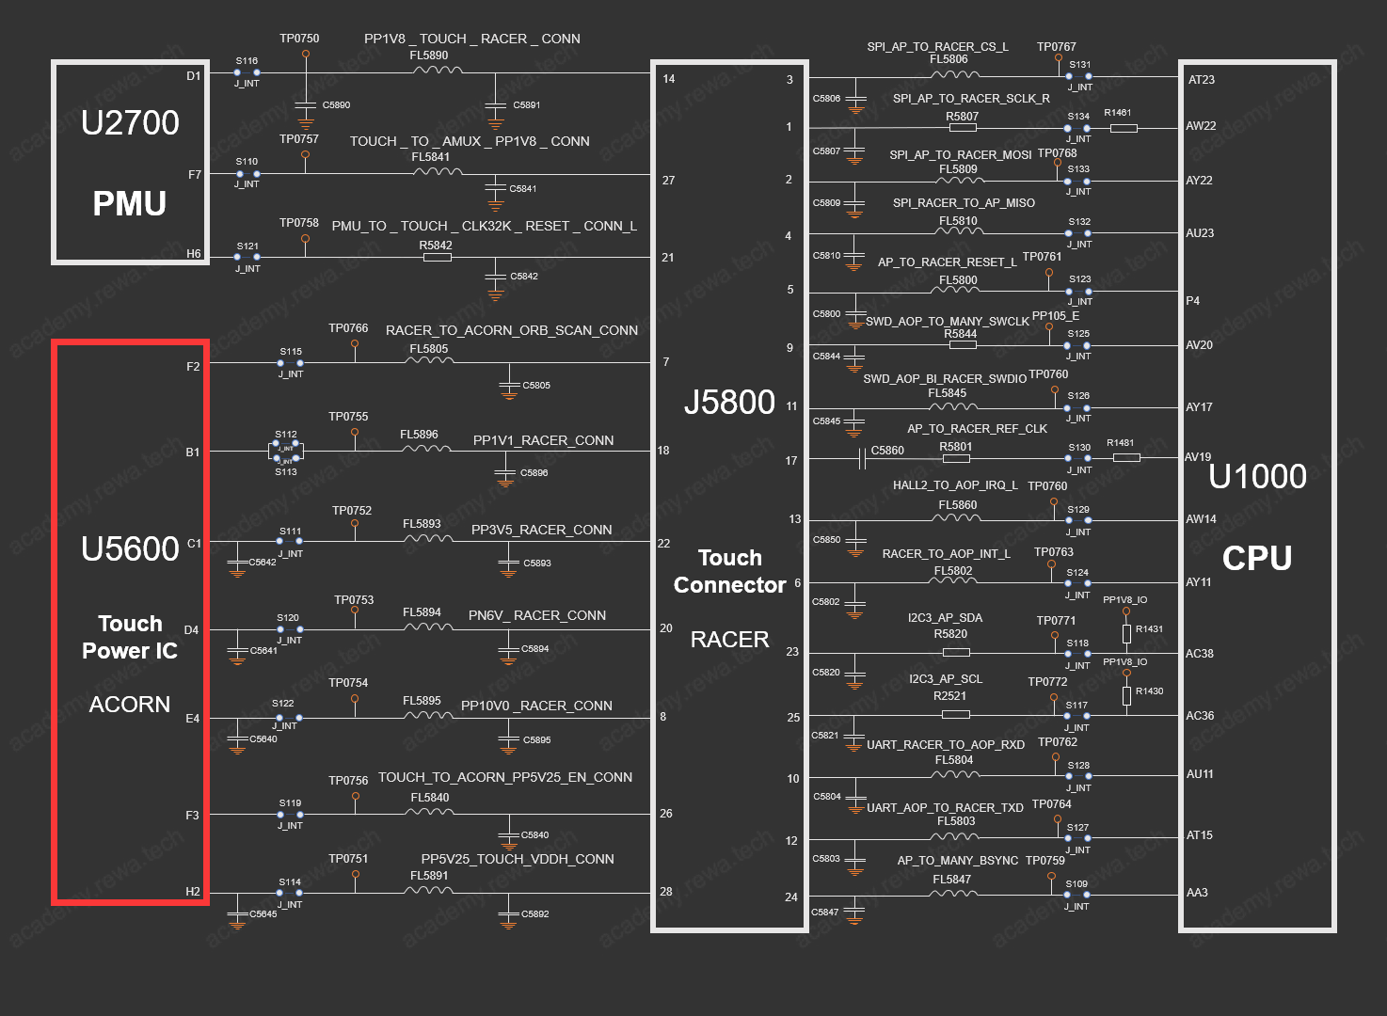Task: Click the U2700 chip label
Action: [x=130, y=122]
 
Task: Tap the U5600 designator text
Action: [x=130, y=548]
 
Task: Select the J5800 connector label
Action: [x=729, y=402]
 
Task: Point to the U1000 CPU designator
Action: [x=1257, y=476]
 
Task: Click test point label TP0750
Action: [x=299, y=39]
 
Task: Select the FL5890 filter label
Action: [x=428, y=56]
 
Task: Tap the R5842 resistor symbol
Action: [x=438, y=257]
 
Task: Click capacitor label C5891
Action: [x=526, y=105]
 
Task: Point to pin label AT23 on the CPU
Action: [x=1202, y=79]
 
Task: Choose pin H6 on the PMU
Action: [x=194, y=254]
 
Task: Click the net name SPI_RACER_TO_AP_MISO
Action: [x=964, y=203]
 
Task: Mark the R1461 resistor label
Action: [x=1117, y=113]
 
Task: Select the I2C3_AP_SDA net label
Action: [x=945, y=618]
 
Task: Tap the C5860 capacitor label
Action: [x=887, y=450]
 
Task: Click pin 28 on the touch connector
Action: [x=665, y=892]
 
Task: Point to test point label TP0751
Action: [x=348, y=859]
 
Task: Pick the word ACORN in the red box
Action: [x=130, y=704]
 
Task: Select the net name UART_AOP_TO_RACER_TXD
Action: [x=945, y=807]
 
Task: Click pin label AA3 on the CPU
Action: [x=1197, y=892]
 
